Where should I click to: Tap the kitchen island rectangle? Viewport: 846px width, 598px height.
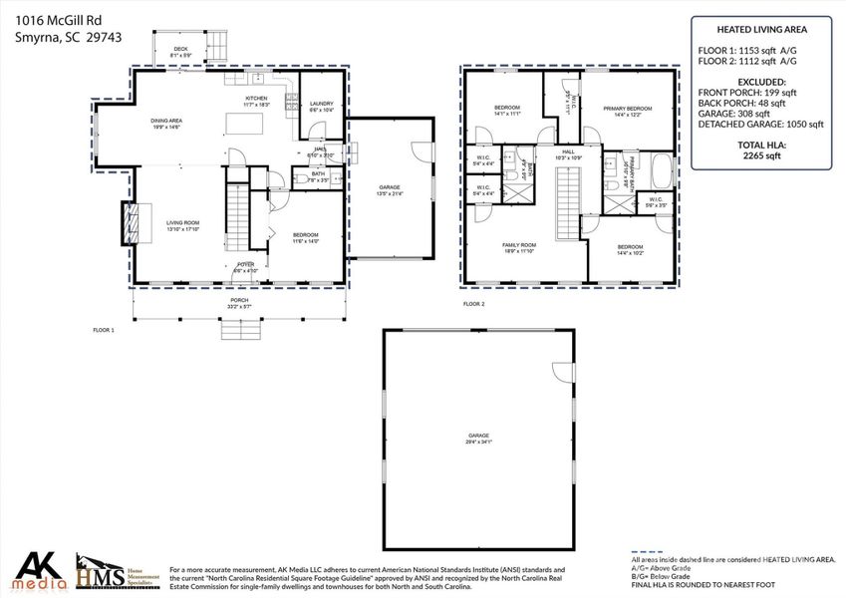click(x=244, y=123)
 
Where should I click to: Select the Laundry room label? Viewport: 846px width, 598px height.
click(x=321, y=104)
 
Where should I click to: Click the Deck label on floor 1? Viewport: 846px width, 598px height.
click(x=180, y=49)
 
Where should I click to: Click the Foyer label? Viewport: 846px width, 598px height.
click(x=245, y=265)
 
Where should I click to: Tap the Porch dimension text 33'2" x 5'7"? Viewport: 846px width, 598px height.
click(x=239, y=306)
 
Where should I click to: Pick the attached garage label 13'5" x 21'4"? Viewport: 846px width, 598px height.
click(x=389, y=189)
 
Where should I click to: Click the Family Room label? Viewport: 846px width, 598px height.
click(x=519, y=246)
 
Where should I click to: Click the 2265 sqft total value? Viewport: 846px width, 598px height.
click(x=761, y=155)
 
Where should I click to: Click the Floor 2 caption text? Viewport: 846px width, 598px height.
click(x=473, y=304)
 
